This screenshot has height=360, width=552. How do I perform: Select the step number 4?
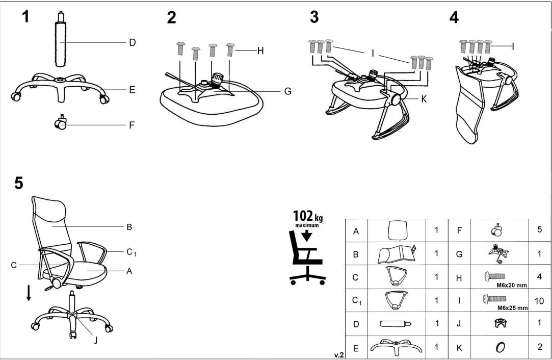[454, 17]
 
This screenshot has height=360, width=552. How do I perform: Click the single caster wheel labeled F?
[61, 122]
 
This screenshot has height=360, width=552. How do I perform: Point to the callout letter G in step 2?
[288, 91]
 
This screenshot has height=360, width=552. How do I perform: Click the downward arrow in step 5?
[29, 292]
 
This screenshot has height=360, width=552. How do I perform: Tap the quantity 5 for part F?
[539, 230]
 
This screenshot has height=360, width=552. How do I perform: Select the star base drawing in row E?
[397, 348]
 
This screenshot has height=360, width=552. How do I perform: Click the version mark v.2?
[338, 354]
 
